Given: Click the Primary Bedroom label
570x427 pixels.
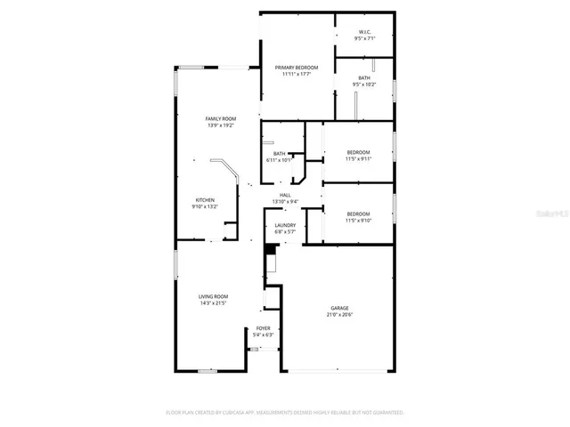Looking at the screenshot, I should pos(297,68).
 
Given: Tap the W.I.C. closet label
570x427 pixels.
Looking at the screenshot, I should pos(363,33).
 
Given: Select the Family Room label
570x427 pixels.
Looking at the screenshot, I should pos(220,118).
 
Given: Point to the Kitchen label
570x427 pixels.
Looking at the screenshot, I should pos(205,200).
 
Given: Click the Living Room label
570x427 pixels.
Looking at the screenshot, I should pos(213,296).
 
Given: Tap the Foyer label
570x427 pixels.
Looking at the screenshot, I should pos(263,328).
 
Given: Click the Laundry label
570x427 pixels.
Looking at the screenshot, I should pos(285,225).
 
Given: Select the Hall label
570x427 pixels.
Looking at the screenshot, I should pos(285,195).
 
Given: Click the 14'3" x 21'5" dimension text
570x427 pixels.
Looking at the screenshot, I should pos(213,302).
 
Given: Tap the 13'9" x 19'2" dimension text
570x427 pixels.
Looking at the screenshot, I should pos(220,125).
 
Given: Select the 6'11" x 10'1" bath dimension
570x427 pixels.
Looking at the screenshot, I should pos(280,160).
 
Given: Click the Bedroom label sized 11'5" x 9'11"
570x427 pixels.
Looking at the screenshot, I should pos(358,152).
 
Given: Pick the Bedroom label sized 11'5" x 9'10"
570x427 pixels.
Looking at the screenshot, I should pos(358,213).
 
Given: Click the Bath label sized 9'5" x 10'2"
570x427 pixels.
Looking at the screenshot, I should pos(364,78).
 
